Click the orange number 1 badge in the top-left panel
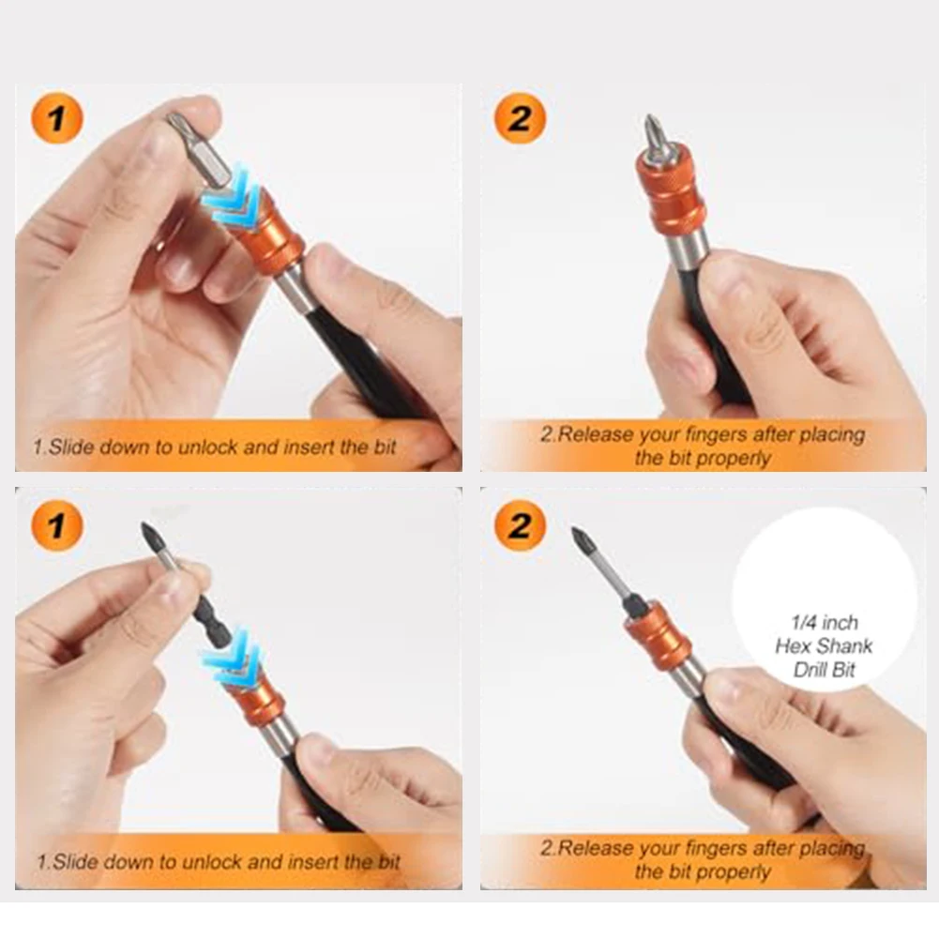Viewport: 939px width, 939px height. tap(57, 118)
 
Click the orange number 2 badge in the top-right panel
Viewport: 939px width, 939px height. tap(520, 118)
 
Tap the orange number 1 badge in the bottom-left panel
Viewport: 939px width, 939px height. tap(57, 526)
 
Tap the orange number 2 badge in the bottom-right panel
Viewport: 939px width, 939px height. tap(520, 526)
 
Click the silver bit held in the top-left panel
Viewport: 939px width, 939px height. tap(199, 153)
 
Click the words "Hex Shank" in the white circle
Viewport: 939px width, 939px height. tap(824, 646)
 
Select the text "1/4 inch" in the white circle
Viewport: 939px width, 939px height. tap(825, 622)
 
